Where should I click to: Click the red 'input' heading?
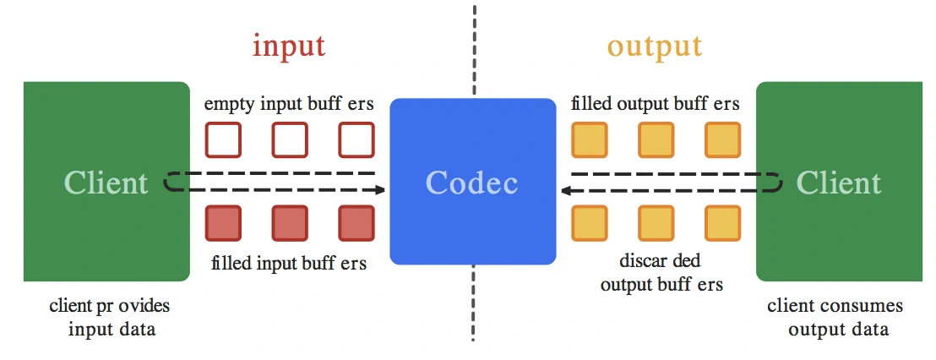288,45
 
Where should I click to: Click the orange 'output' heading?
655,45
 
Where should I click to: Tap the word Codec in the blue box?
471,183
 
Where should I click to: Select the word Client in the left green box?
106,183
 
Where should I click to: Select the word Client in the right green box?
839,183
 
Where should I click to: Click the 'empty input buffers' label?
288,105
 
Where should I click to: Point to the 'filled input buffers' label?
288,263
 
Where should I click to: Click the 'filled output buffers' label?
655,105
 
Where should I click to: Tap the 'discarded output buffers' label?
661,272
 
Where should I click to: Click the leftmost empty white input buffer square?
223,140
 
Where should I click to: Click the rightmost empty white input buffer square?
356,140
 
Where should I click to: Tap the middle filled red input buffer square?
289,223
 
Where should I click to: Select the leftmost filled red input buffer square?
223,223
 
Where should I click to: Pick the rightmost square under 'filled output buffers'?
722,140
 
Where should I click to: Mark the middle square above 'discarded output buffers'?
656,223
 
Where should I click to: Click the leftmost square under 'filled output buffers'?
590,140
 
